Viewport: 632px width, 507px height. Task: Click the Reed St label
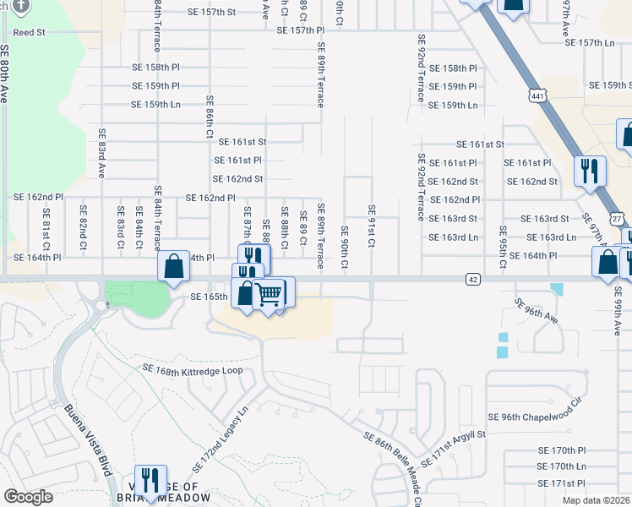pyautogui.click(x=28, y=31)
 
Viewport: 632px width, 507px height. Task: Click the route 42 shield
pyautogui.click(x=472, y=278)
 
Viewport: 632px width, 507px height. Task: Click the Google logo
pyautogui.click(x=29, y=497)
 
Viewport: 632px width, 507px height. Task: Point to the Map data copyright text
pyautogui.click(x=595, y=500)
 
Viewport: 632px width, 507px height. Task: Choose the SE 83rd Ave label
pyautogui.click(x=101, y=153)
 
